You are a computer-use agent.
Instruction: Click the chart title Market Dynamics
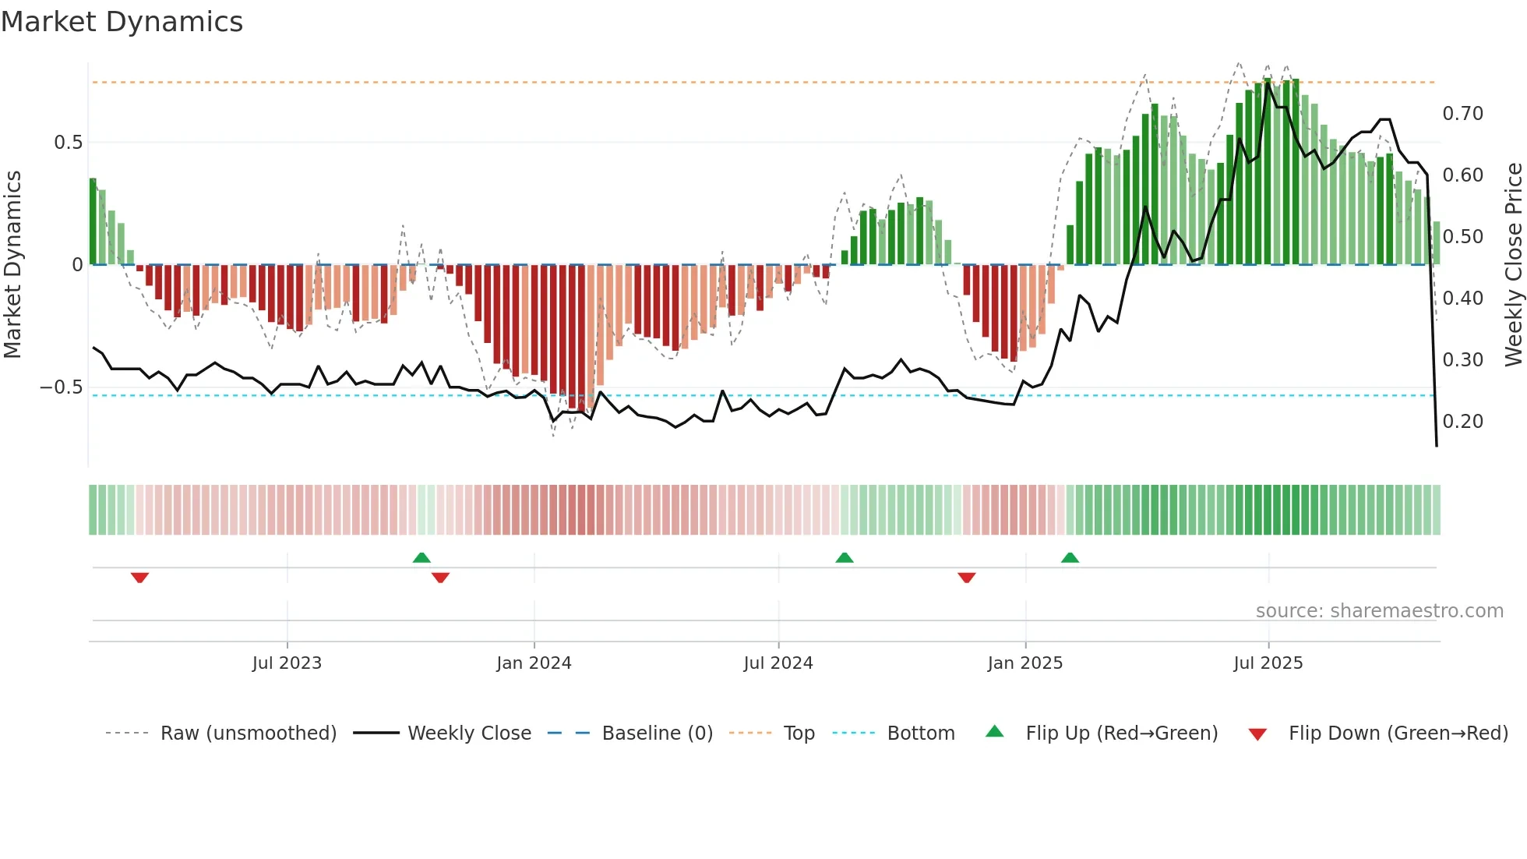click(122, 22)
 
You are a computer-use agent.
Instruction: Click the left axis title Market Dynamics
click(12, 265)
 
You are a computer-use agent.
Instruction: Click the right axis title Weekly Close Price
click(1513, 265)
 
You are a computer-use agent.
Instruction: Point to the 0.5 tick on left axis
click(68, 143)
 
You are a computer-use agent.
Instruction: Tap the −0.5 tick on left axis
click(62, 387)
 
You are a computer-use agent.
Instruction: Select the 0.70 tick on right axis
click(1462, 114)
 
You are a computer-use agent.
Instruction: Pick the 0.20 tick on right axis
click(1462, 422)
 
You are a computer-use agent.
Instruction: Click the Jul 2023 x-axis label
click(287, 663)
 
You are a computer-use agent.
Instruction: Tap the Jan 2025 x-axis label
click(1024, 663)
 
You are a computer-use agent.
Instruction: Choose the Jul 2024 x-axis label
click(778, 663)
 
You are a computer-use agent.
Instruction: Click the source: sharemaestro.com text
click(1379, 611)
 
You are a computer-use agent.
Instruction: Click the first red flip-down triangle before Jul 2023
click(139, 578)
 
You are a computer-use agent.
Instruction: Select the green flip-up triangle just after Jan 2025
click(1070, 557)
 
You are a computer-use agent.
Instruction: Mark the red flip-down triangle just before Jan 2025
click(966, 578)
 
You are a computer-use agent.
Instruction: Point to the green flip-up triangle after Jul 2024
click(844, 557)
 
